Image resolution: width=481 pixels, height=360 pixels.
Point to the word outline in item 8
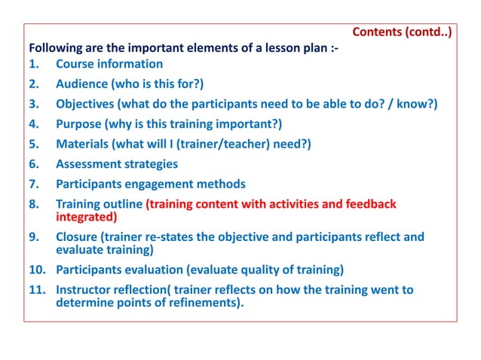coord(121,204)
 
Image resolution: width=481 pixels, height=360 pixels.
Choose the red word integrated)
coord(87,217)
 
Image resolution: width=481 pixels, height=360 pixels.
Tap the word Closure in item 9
coord(78,237)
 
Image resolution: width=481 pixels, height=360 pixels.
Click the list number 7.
coord(33,184)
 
